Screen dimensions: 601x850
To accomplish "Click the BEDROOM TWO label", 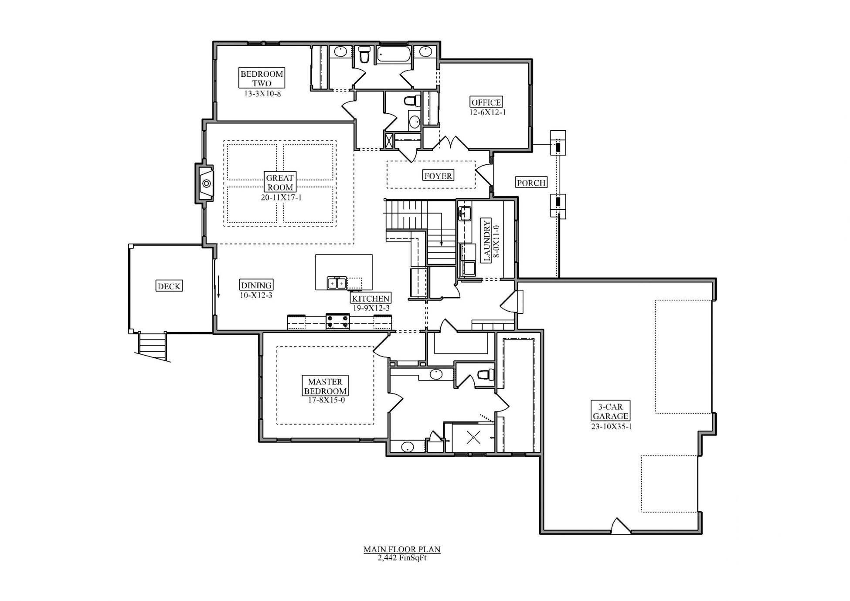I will (x=262, y=78).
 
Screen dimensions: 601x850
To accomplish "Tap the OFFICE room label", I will (x=486, y=102).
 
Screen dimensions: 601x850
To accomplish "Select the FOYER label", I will (x=438, y=176).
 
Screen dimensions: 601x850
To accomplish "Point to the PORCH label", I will (x=531, y=183).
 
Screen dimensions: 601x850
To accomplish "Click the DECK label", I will (x=169, y=286).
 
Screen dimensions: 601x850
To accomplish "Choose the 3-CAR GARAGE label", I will (x=610, y=411).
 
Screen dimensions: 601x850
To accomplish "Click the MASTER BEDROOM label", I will (x=325, y=387).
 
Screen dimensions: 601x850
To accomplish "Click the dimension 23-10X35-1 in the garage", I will (x=611, y=427).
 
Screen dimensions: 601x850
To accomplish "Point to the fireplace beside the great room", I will (x=204, y=183).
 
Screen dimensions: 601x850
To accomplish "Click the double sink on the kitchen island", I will (x=337, y=283).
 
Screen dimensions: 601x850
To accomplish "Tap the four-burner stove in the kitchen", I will (x=337, y=321).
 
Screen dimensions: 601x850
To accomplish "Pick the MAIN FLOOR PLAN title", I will (x=401, y=550).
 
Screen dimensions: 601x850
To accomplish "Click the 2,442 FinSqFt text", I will (x=401, y=558).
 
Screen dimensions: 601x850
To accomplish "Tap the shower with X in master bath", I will (x=473, y=437).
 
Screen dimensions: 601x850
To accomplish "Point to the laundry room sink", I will (x=465, y=214).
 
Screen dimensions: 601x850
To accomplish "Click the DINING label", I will (x=256, y=285).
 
